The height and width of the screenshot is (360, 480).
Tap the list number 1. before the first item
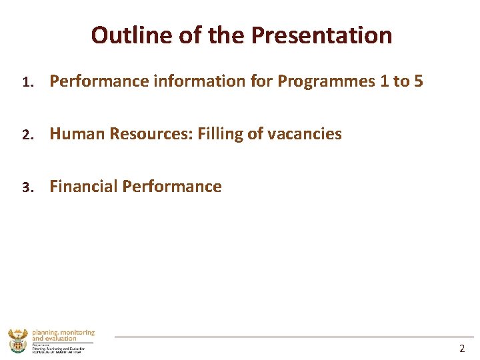click(27, 82)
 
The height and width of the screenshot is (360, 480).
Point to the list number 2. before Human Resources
click(27, 135)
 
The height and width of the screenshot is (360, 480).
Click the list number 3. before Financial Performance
click(27, 187)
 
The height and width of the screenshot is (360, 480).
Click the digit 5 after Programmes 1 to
click(418, 81)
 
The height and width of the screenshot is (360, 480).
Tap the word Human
click(77, 134)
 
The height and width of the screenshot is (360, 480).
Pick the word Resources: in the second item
click(151, 134)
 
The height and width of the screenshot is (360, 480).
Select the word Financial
click(83, 187)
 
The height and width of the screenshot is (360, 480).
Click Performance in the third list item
click(172, 187)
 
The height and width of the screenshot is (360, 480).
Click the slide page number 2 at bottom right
click(462, 348)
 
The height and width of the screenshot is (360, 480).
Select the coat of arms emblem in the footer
click(18, 341)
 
